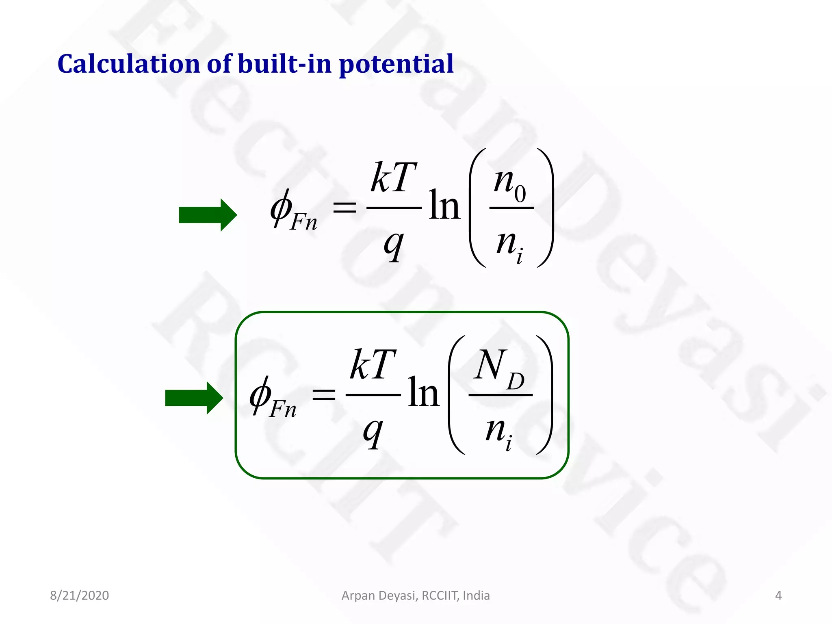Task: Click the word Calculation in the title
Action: (x=129, y=64)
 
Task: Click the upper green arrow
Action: (x=208, y=215)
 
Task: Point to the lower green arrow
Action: (x=194, y=398)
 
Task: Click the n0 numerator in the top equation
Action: (x=510, y=184)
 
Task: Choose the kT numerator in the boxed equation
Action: (x=373, y=365)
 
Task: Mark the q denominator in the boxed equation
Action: (x=373, y=432)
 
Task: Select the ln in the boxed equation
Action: (x=423, y=392)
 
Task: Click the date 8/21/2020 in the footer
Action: (x=79, y=596)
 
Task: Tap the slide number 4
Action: (x=778, y=596)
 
